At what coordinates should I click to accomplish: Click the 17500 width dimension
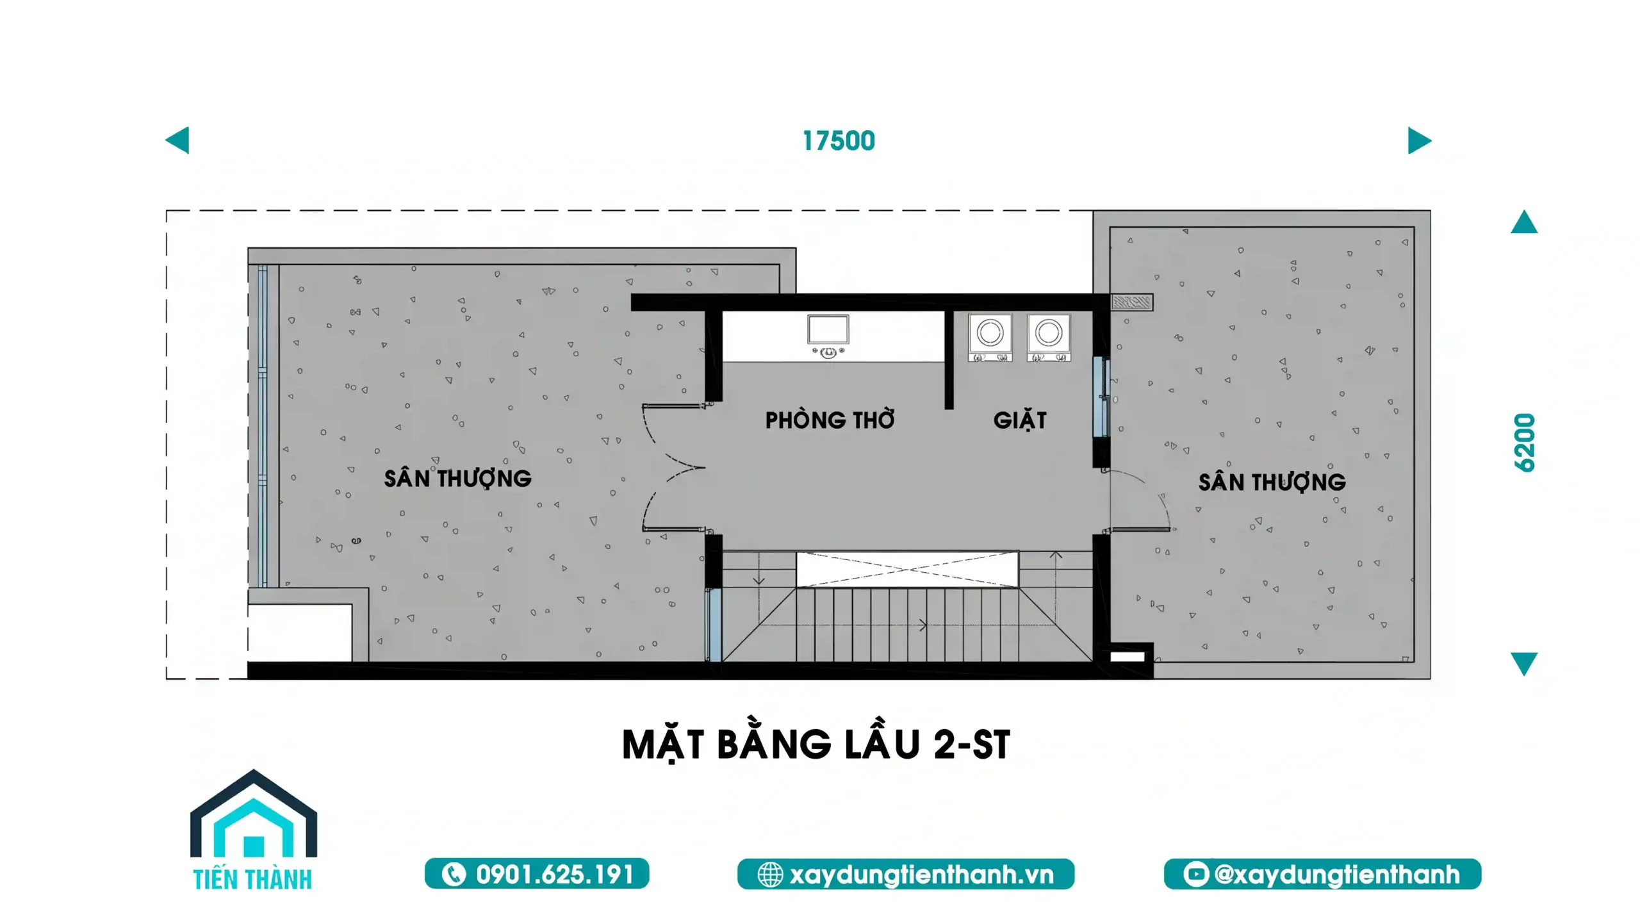click(x=839, y=141)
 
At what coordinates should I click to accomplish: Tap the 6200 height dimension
click(x=1525, y=443)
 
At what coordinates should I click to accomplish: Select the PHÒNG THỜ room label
click(x=830, y=420)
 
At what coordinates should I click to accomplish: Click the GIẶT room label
click(x=1020, y=420)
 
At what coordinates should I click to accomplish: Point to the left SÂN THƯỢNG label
click(x=457, y=479)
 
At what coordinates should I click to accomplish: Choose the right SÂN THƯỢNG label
click(x=1272, y=482)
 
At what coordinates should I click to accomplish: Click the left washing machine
click(x=990, y=338)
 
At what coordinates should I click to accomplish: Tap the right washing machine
click(x=1049, y=338)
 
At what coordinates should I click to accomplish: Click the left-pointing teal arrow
click(x=177, y=140)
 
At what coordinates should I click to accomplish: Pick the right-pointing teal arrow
click(x=1419, y=140)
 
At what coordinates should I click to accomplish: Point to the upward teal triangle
click(x=1524, y=222)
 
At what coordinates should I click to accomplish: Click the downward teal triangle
click(x=1524, y=664)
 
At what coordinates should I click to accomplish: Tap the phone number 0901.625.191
click(x=537, y=874)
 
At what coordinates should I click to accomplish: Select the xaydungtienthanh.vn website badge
click(x=906, y=874)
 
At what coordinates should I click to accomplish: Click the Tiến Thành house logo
click(x=254, y=830)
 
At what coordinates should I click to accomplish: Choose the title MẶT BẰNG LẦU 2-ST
click(x=816, y=745)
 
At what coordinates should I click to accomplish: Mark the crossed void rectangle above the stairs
click(x=907, y=569)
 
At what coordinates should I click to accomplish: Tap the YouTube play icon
click(x=1195, y=874)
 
